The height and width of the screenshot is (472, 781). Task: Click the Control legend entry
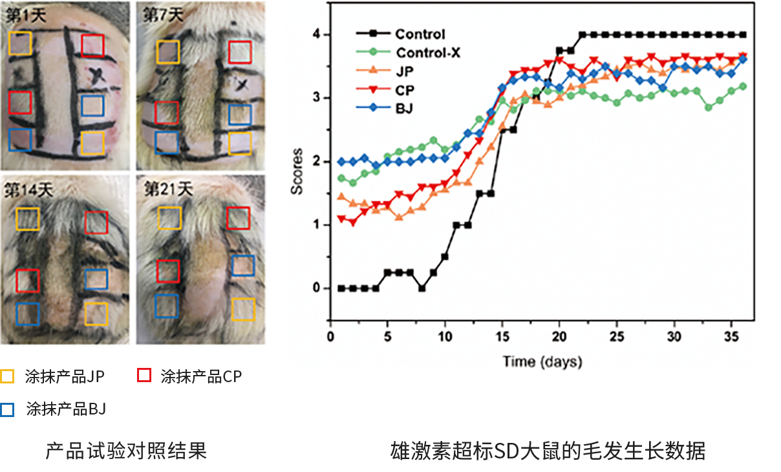pyautogui.click(x=420, y=34)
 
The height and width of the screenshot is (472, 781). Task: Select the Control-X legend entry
pyautogui.click(x=428, y=53)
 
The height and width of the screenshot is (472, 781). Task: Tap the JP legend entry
pyautogui.click(x=405, y=72)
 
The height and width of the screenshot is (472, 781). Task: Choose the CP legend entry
pyautogui.click(x=405, y=90)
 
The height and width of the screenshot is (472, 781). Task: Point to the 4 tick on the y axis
pyautogui.click(x=317, y=34)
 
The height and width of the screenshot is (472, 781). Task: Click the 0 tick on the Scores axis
pyautogui.click(x=317, y=288)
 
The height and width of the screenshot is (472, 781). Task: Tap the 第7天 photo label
pyautogui.click(x=160, y=15)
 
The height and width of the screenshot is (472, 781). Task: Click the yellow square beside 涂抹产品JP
pyautogui.click(x=8, y=376)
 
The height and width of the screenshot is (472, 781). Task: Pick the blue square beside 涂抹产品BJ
pyautogui.click(x=8, y=409)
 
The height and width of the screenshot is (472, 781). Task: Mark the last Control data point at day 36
pyautogui.click(x=743, y=34)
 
